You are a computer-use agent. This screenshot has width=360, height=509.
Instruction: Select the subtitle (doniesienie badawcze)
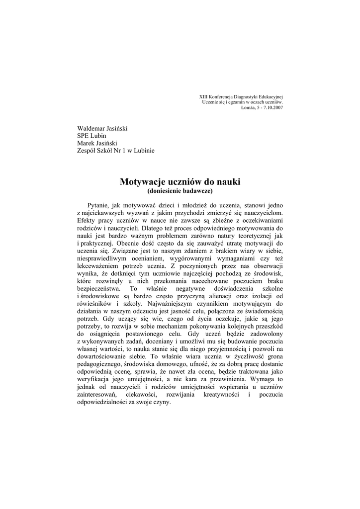180,191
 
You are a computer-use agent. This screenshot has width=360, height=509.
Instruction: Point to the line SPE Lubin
91,136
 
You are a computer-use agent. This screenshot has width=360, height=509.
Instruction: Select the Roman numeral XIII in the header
204,96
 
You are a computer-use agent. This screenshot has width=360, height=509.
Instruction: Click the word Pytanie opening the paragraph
98,205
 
